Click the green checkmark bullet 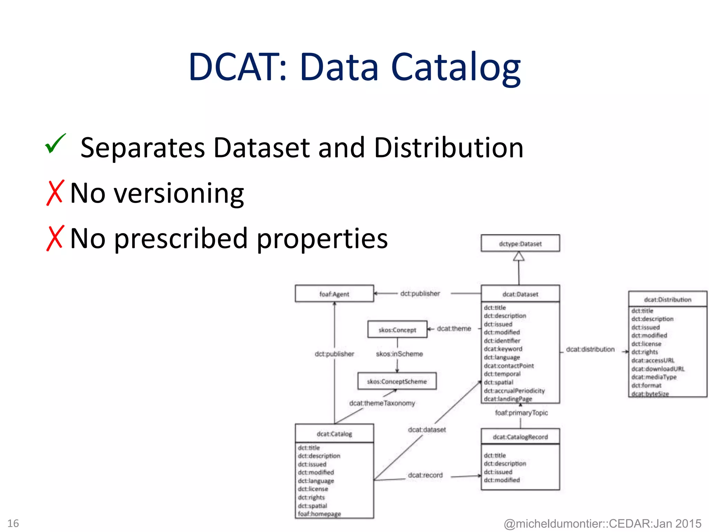point(55,144)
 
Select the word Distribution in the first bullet point(449,148)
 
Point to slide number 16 point(13,523)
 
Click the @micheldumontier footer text point(602,523)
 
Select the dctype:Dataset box point(520,243)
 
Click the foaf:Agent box point(334,294)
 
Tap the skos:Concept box point(397,330)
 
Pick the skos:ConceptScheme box point(397,381)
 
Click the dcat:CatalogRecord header point(520,437)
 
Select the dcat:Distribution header point(667,299)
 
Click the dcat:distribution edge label point(590,349)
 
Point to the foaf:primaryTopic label point(521,413)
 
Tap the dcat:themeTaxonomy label point(382,403)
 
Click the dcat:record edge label point(425,475)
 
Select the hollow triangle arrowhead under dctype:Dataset point(519,256)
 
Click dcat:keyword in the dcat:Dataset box point(503,349)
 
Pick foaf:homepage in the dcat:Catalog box point(319,514)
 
